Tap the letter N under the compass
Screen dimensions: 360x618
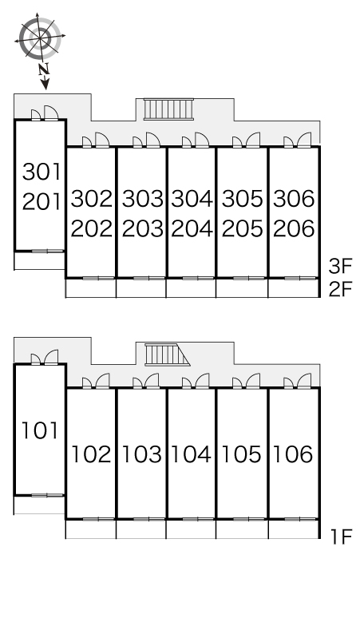(x=44, y=69)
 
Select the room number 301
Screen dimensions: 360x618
(x=42, y=172)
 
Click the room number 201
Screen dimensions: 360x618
(x=42, y=202)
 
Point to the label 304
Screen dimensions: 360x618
(x=192, y=198)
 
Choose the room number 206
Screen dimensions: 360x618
(x=294, y=228)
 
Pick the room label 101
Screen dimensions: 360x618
(x=40, y=430)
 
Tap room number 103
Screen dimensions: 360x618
(x=142, y=454)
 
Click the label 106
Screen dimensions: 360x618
(x=293, y=454)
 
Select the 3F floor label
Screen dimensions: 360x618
(x=340, y=266)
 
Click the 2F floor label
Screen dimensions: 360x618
(x=340, y=290)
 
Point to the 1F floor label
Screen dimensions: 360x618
(x=341, y=537)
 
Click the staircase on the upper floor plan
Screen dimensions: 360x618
(x=168, y=109)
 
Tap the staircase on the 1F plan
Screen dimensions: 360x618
(x=167, y=355)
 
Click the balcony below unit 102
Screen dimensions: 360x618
(x=90, y=529)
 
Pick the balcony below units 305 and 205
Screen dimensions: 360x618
(x=242, y=287)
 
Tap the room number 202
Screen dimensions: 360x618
(x=91, y=228)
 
